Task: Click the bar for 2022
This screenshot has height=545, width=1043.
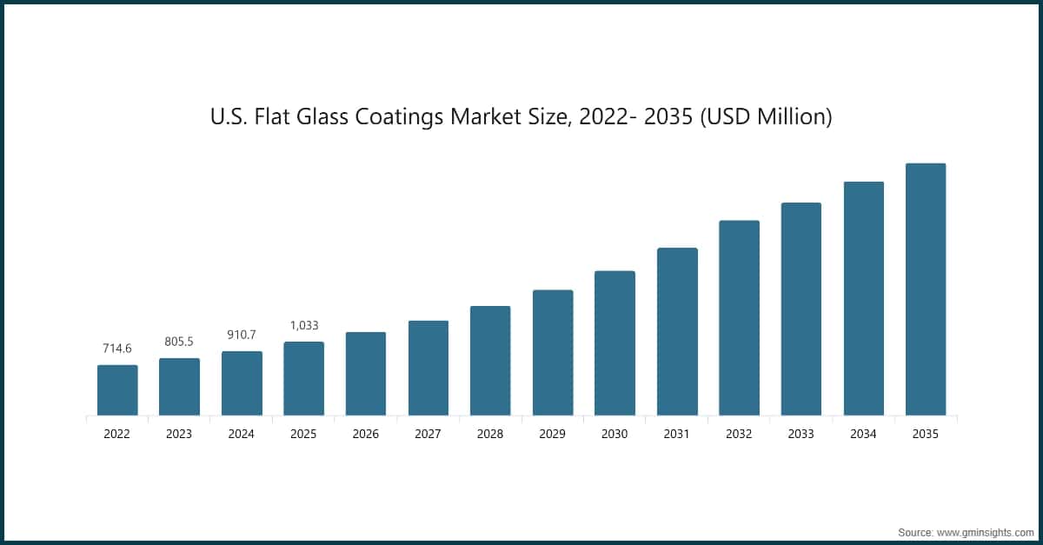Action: tap(117, 390)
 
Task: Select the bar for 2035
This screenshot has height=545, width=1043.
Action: tap(926, 289)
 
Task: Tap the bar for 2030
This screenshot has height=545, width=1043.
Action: tap(615, 342)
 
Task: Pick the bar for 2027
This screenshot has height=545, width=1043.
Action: tap(428, 368)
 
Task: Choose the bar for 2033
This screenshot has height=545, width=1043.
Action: tap(801, 309)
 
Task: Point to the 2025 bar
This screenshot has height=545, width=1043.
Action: tap(303, 378)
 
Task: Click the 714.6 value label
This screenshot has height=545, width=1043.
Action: tap(117, 349)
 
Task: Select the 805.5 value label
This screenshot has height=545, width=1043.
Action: tap(179, 342)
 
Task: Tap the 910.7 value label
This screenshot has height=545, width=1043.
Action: tap(242, 335)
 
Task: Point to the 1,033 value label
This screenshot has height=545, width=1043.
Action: tap(304, 325)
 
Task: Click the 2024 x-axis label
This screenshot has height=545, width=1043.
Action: tap(242, 434)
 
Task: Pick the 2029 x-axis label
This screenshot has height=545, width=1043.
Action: tap(552, 434)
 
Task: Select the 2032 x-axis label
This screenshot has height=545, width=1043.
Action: tap(739, 434)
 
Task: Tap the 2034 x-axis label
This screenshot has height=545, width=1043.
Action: tap(863, 434)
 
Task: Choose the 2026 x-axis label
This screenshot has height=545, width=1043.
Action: tap(366, 434)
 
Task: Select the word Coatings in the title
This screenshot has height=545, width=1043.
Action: tap(399, 117)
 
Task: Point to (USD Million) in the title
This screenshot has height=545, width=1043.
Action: tap(766, 116)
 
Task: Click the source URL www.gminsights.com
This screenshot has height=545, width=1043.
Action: tap(986, 533)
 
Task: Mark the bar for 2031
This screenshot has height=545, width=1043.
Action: tap(677, 332)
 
